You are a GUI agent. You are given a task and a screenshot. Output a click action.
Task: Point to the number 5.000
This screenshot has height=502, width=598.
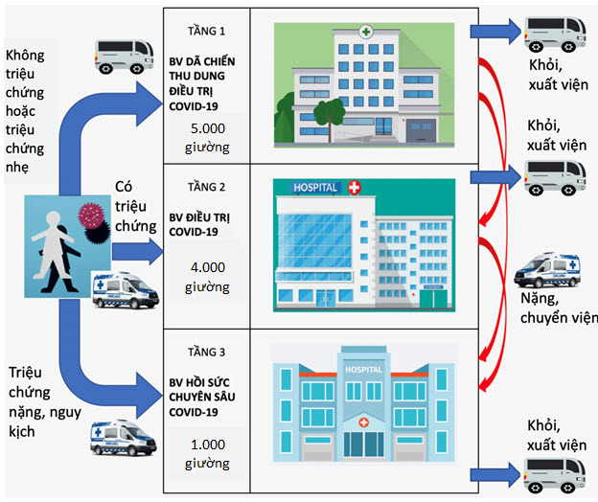[x=207, y=129]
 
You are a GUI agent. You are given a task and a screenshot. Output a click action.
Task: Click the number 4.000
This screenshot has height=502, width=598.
[x=207, y=267]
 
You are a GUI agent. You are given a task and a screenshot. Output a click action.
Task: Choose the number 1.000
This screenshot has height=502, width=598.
[x=207, y=445]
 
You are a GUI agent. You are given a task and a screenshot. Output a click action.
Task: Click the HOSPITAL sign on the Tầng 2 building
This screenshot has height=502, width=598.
[x=315, y=188]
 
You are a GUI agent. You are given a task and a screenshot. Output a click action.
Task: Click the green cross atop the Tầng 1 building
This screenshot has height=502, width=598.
[x=365, y=32]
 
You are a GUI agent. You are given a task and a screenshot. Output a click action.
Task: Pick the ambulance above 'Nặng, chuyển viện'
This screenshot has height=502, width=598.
[x=549, y=269]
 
